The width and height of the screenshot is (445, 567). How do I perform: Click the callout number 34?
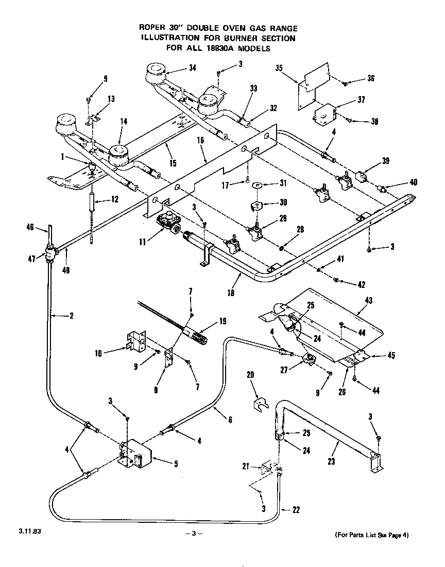pyautogui.click(x=178, y=68)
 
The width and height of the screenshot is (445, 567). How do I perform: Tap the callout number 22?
pyautogui.click(x=296, y=510)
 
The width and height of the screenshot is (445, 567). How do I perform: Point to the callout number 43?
pyautogui.click(x=368, y=300)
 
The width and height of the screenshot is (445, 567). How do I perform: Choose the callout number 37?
pyautogui.click(x=361, y=100)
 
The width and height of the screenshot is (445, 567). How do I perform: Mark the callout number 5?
pyautogui.click(x=176, y=464)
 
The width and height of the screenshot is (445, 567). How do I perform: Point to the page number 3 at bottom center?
pyautogui.click(x=194, y=534)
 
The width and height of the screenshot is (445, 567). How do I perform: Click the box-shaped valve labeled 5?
pyautogui.click(x=136, y=454)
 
